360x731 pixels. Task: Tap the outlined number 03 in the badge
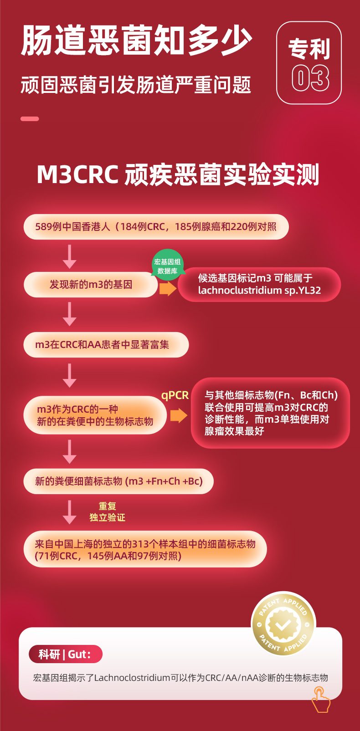click(310, 78)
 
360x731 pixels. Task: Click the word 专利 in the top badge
click(309, 49)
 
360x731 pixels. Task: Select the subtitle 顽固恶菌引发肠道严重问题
click(136, 85)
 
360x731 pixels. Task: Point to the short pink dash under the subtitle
click(30, 119)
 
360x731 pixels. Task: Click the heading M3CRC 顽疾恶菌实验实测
click(178, 175)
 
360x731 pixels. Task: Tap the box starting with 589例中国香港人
click(156, 227)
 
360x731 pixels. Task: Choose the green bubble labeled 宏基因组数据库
click(167, 266)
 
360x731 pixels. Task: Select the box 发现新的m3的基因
click(91, 285)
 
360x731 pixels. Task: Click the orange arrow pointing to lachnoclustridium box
click(168, 288)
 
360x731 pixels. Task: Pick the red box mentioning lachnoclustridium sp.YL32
click(259, 284)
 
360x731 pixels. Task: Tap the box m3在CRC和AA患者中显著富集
click(106, 345)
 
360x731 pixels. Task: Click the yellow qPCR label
click(175, 395)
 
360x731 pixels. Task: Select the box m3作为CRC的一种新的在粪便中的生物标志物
click(95, 415)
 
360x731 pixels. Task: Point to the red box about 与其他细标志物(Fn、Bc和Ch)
click(271, 413)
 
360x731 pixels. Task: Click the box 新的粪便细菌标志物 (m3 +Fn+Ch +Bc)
click(118, 481)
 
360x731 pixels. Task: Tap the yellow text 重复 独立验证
click(107, 512)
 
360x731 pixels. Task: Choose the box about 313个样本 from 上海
click(145, 549)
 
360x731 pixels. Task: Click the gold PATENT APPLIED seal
click(283, 625)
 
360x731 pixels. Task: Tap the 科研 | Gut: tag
click(65, 654)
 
